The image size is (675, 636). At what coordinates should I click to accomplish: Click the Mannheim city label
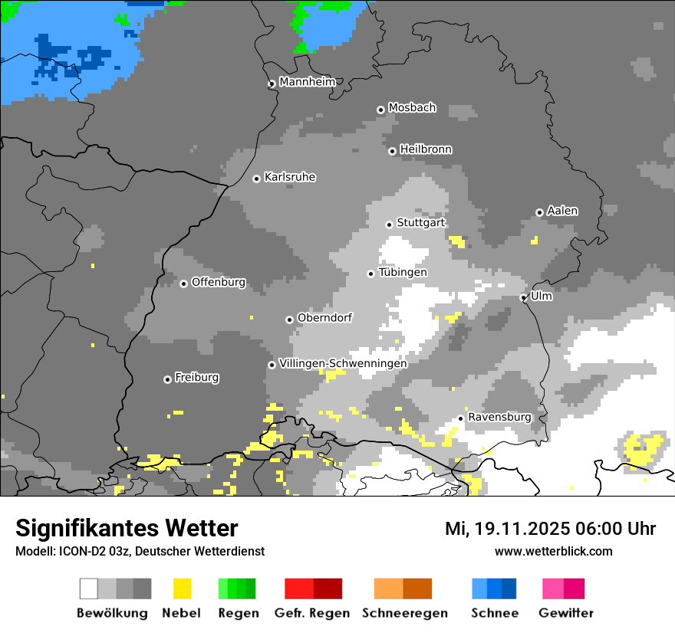tap(307, 82)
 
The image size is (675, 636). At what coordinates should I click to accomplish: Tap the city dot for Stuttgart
tap(389, 225)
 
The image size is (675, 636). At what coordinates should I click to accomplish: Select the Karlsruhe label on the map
tap(290, 177)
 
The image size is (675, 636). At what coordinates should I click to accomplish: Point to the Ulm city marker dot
tap(523, 297)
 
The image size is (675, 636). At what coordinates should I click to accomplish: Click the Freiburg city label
tap(196, 378)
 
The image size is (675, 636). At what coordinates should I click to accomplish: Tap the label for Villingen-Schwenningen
tap(343, 363)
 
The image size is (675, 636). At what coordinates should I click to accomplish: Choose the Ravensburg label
tap(499, 417)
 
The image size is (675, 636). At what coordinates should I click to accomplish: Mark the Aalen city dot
tap(539, 212)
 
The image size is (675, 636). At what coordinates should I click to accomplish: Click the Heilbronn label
tap(426, 149)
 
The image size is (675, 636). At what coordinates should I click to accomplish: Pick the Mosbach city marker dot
tap(380, 110)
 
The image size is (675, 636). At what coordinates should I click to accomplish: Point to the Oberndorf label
tap(325, 318)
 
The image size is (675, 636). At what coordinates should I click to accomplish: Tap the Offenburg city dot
tap(183, 284)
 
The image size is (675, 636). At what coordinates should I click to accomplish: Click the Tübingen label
tap(403, 272)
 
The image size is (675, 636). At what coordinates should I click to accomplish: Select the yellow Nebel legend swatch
tap(182, 588)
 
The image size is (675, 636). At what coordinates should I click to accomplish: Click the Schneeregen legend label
tap(405, 613)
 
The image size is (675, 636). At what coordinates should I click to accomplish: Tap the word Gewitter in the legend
tap(566, 613)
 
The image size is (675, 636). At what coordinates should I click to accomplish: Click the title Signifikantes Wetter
tap(127, 528)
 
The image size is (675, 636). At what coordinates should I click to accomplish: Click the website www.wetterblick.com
tap(553, 551)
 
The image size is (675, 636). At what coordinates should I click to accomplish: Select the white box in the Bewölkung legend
tap(89, 588)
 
